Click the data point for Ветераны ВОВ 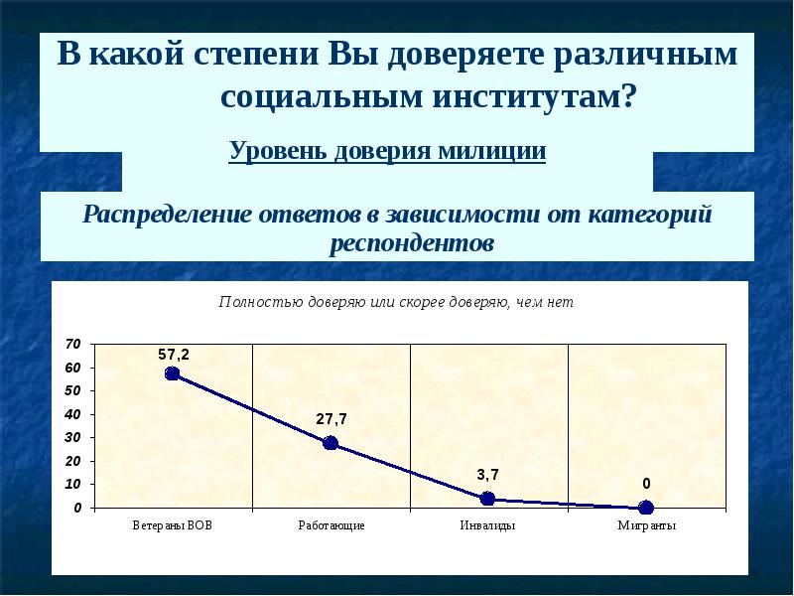click(173, 373)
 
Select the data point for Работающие click(331, 443)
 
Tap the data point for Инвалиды click(487, 499)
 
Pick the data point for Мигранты click(646, 508)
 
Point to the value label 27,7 click(331, 419)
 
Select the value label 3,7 click(487, 476)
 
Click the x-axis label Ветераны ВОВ click(172, 525)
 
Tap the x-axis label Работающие click(331, 525)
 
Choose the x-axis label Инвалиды click(488, 525)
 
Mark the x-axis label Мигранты click(646, 525)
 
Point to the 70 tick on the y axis click(71, 344)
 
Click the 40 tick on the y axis click(71, 414)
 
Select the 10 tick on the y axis click(71, 485)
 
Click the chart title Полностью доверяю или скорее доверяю click(396, 302)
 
